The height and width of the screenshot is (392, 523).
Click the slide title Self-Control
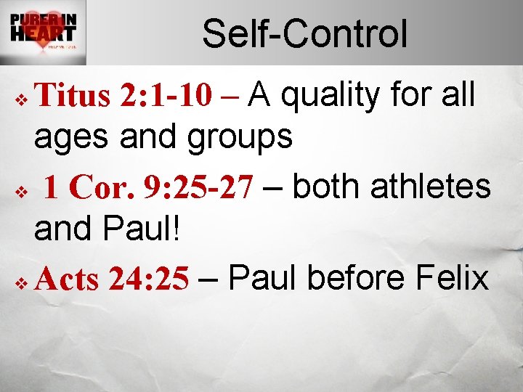pos(304,34)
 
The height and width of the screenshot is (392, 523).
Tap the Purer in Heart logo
pos(44,33)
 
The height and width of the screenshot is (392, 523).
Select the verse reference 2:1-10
pos(161,96)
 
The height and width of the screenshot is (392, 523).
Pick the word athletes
pos(431,187)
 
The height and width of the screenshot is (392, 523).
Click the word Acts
pos(66,279)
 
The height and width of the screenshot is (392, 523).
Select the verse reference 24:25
pos(150,279)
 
